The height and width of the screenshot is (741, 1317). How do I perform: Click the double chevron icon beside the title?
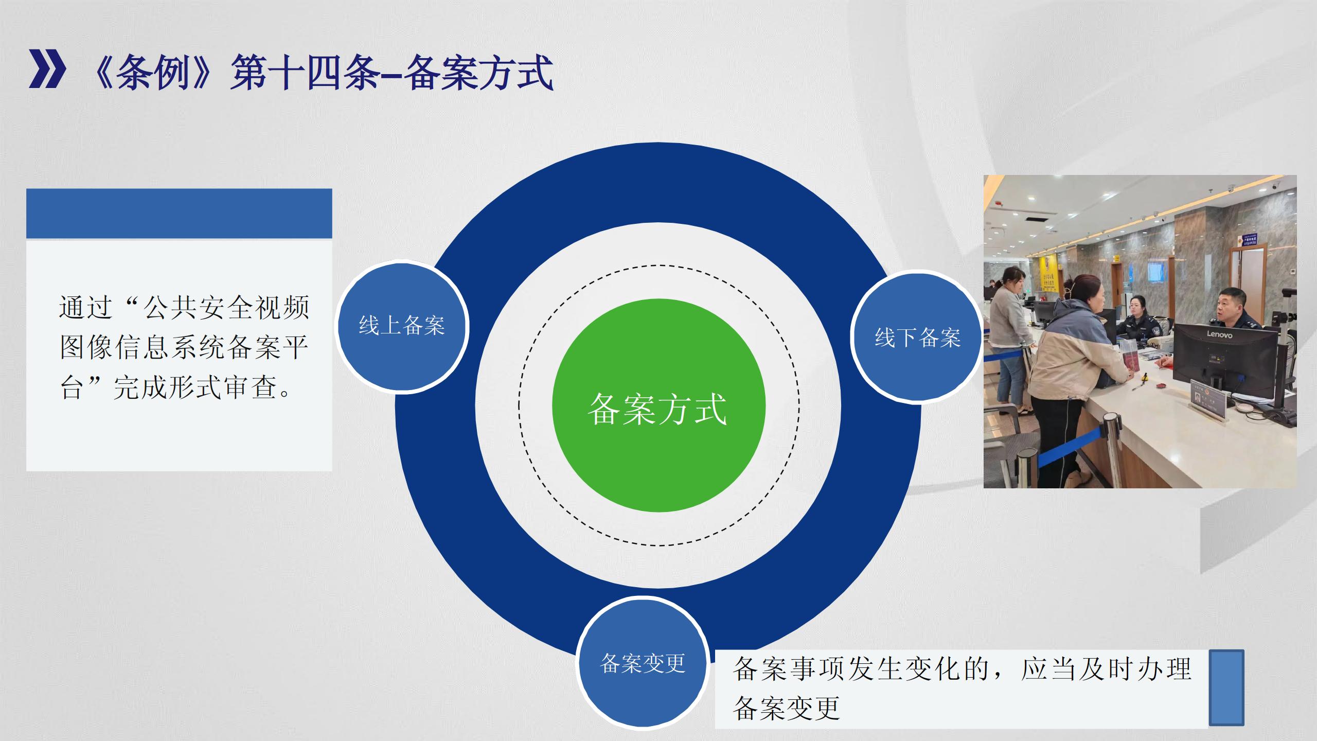coord(47,69)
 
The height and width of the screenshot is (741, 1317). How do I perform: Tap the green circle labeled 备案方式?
coord(658,405)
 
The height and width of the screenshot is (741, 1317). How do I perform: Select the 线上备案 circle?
coord(402,326)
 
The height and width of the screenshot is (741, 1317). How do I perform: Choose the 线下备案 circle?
coord(917,338)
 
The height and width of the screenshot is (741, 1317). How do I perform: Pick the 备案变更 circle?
coord(643,663)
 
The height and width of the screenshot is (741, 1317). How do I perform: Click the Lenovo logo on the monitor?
coord(1219,335)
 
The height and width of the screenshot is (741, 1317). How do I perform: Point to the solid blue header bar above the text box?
coord(179,213)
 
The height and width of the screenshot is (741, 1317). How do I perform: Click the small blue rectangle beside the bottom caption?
coord(1226,687)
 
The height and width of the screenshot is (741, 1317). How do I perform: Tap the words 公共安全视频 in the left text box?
coord(226,307)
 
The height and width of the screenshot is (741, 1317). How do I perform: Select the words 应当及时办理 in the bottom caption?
coord(1106,669)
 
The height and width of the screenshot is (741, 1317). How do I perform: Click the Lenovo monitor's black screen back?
coord(1225,355)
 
